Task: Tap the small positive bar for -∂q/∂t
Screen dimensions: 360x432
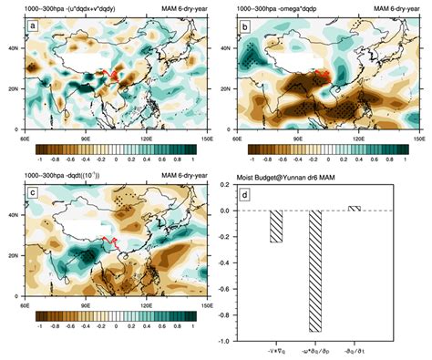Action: [355, 208]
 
